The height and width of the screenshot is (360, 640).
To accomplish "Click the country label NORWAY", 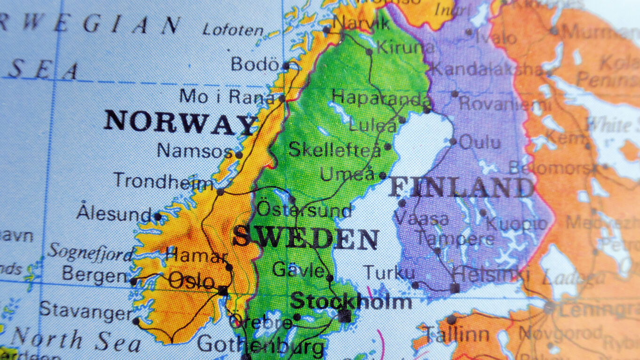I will click(181, 122).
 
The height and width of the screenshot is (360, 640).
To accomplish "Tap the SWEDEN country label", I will click(305, 238).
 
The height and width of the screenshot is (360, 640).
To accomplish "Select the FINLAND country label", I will click(461, 188).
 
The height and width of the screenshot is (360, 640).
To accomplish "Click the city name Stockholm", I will click(351, 301).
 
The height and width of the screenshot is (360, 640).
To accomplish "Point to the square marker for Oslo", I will click(223, 290).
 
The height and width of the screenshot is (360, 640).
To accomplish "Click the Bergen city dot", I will click(134, 281).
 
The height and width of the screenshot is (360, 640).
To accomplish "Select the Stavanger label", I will click(86, 311).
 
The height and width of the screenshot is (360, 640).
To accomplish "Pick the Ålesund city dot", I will click(158, 216).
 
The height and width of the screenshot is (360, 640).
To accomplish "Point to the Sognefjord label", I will click(90, 253).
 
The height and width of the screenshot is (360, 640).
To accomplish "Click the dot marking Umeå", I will click(383, 176).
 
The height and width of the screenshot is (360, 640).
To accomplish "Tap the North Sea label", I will click(75, 340).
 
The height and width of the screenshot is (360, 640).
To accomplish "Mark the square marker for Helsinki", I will click(455, 288).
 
